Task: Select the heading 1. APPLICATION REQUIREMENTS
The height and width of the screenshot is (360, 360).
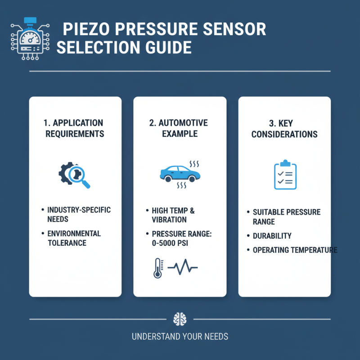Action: pos(75,128)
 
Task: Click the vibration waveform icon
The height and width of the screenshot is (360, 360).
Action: pos(182,268)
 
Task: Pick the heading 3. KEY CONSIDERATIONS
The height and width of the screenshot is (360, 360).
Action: pos(284,128)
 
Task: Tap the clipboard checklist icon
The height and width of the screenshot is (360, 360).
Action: pos(285,175)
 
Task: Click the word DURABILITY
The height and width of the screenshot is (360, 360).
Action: pos(272,236)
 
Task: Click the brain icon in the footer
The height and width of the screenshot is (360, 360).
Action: pos(180,319)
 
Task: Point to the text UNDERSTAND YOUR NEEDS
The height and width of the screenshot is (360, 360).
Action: pos(180,336)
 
